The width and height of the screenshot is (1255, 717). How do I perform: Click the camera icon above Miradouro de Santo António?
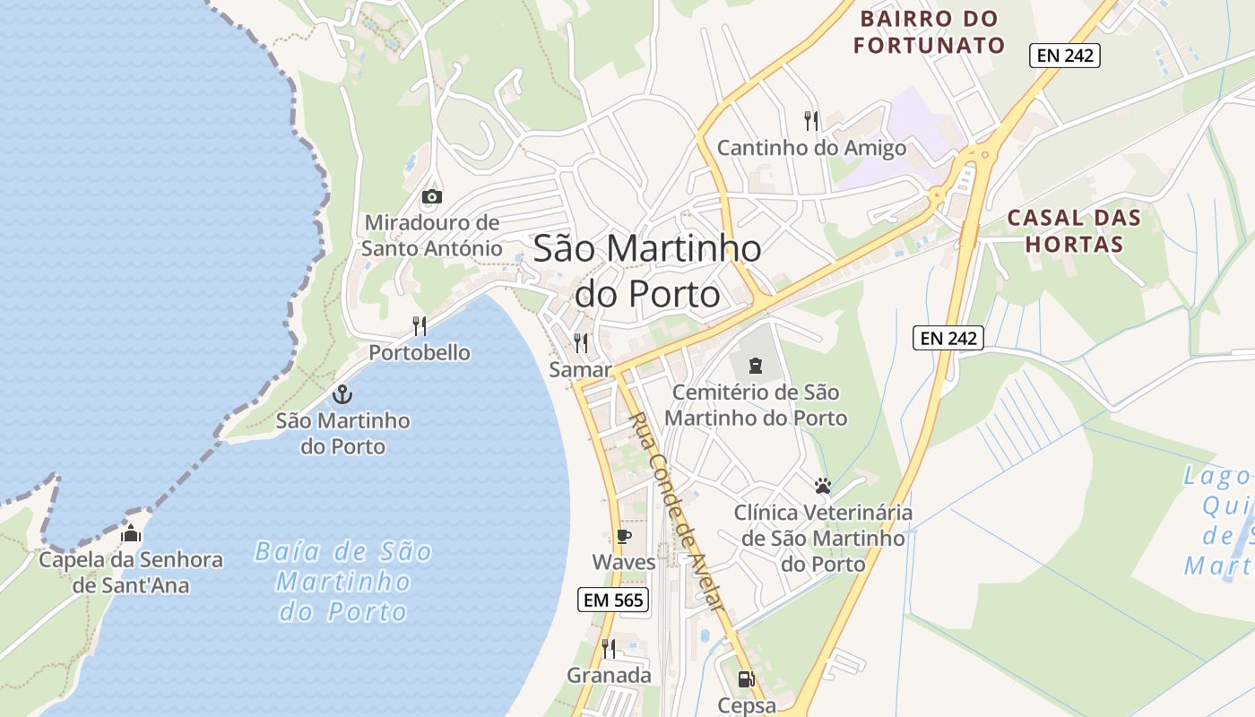coord(431,196)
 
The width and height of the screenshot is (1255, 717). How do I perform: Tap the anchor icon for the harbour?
coord(342,394)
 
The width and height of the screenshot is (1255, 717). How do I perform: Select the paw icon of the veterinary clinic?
coord(823,487)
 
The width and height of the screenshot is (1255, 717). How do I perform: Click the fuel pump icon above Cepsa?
coord(746,679)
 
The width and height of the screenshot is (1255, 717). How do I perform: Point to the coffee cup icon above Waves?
coord(624,537)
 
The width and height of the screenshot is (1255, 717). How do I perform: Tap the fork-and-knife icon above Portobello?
coord(419,325)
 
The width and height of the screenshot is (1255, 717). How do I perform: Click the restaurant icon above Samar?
coord(581,342)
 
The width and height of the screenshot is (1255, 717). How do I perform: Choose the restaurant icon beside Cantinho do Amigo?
coord(811,121)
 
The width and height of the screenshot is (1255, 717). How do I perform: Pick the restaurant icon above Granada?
coord(609,648)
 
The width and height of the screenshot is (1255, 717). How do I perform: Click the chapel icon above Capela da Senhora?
coord(130,534)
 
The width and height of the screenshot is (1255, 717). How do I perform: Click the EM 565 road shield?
coord(612,600)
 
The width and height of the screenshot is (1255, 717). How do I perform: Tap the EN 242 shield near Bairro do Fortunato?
coord(1064,56)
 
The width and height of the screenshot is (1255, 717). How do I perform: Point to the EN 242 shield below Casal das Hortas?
coord(949,338)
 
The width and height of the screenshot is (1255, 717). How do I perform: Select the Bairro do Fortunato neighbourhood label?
coord(929,31)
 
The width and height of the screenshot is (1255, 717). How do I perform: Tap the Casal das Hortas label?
coord(1074,230)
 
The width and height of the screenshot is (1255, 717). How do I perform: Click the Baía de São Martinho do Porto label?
coord(343,581)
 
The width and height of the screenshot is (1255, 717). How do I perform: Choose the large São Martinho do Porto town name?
coord(647,270)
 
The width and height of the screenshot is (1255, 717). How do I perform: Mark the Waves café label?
coord(624,562)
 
